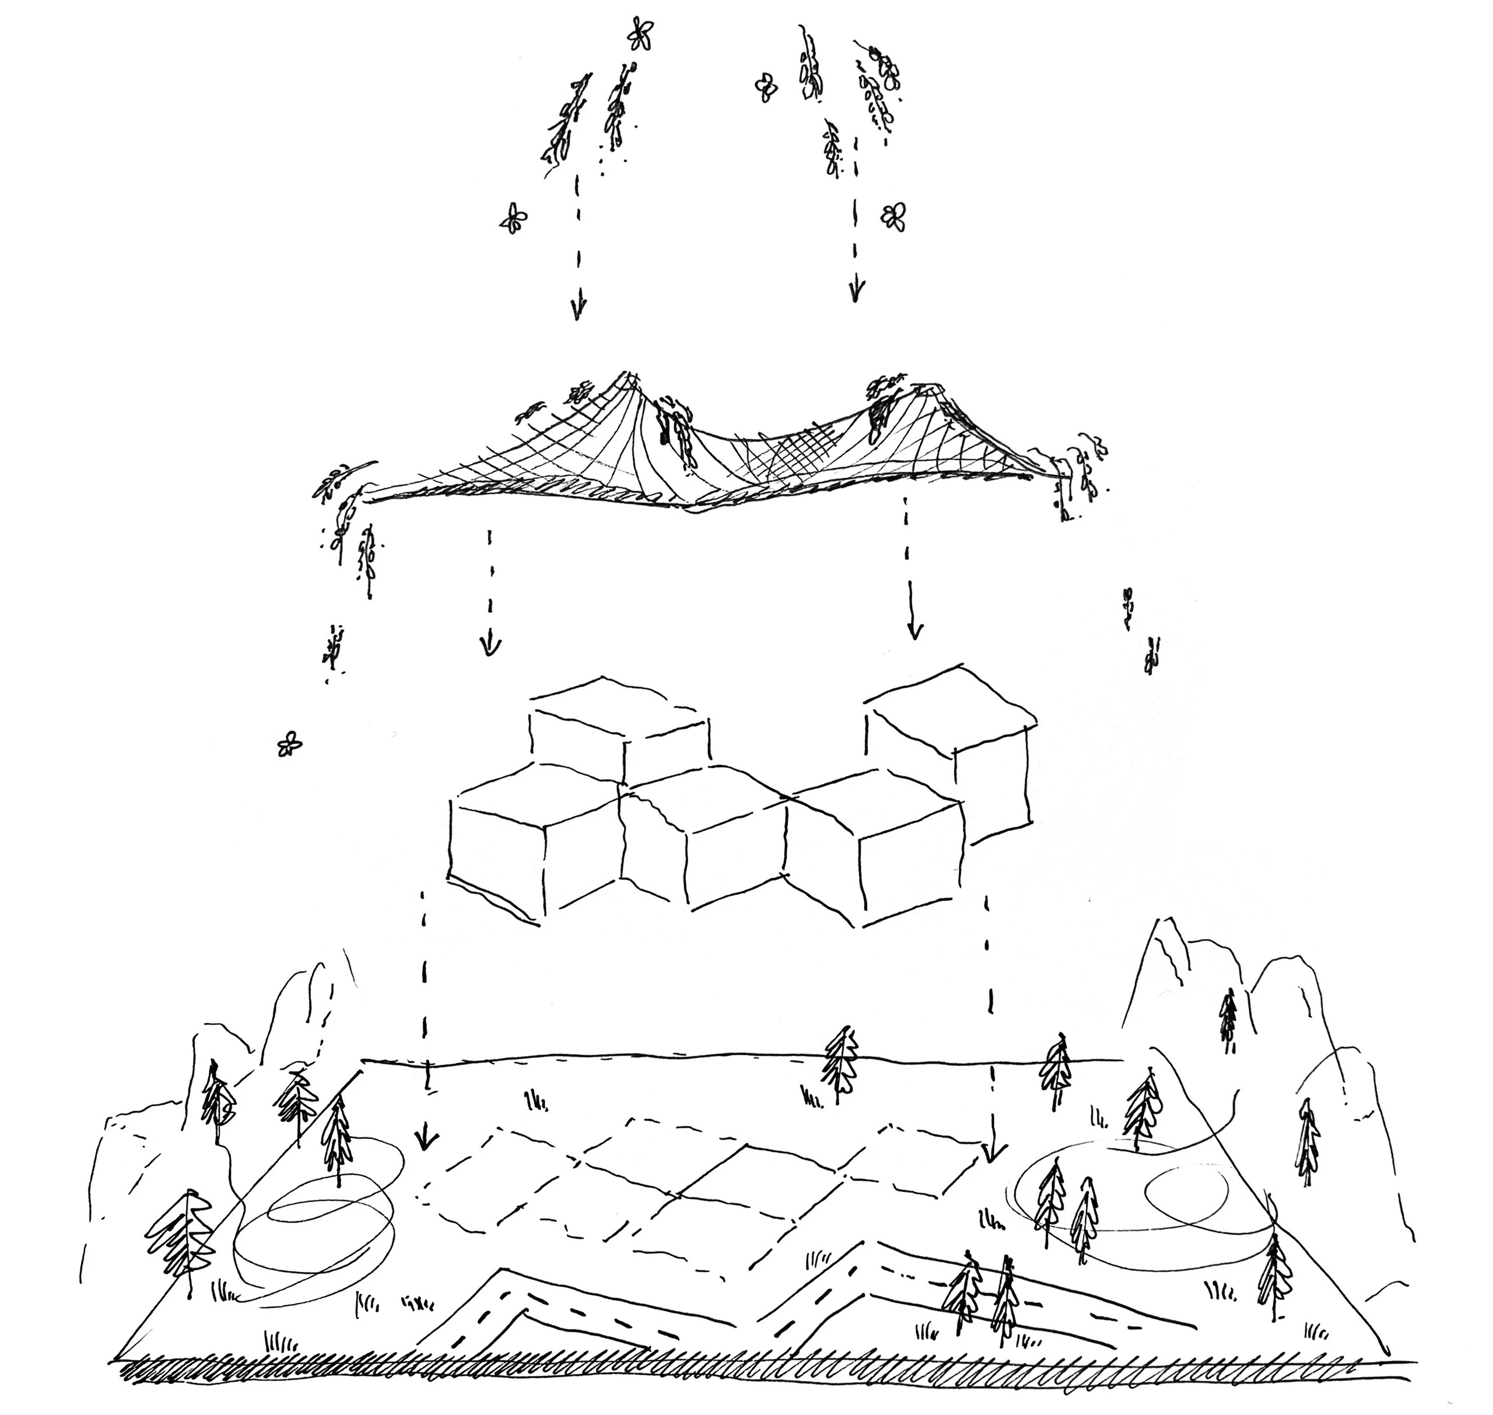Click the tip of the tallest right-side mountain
1151,920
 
